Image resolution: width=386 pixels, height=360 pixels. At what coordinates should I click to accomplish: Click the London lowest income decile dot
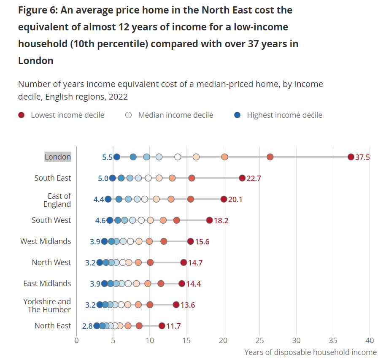[351, 157]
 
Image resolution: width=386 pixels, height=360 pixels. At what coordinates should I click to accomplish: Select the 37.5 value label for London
[362, 157]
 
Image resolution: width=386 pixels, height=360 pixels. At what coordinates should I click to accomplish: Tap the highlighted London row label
[58, 157]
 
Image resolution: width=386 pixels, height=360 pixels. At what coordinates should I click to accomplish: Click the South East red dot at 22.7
[242, 178]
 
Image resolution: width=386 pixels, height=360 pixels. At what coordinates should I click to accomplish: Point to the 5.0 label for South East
[103, 178]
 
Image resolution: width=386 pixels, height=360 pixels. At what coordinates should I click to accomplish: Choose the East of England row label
[57, 200]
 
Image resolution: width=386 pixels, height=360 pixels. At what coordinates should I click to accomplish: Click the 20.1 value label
[235, 199]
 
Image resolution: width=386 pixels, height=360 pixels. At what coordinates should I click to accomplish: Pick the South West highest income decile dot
[110, 220]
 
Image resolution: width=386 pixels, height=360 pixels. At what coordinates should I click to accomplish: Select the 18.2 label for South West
[221, 220]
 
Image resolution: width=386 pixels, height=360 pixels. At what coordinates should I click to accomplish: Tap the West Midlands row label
[46, 241]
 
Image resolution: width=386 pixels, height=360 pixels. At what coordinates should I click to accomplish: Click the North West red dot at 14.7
[184, 263]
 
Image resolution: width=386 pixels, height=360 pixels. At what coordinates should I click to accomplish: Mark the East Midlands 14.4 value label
[193, 284]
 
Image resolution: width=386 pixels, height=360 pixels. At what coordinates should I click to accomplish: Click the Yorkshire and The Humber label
[47, 306]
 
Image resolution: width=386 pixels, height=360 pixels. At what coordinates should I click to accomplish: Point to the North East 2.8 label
[87, 326]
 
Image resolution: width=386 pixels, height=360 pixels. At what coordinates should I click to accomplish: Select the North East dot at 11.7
[162, 326]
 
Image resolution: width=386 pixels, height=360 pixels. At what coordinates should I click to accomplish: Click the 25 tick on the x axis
[260, 341]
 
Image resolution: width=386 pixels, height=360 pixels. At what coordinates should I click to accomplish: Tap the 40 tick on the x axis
[370, 341]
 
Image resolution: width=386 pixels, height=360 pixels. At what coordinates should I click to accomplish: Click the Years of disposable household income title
[310, 352]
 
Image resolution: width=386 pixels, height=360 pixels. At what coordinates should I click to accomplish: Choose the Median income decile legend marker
[129, 115]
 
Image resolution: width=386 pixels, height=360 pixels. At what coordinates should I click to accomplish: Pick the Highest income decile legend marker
[238, 115]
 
